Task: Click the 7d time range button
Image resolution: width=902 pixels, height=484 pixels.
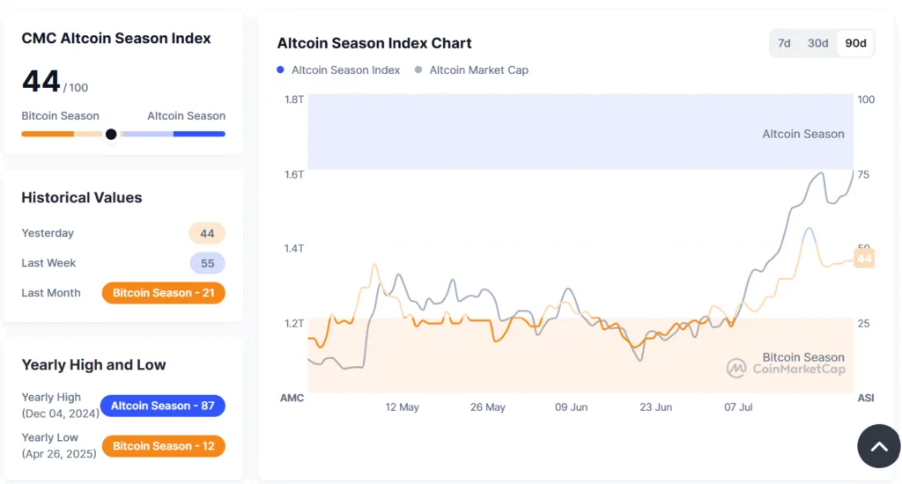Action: (784, 43)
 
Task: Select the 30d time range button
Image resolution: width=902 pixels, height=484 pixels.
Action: (818, 43)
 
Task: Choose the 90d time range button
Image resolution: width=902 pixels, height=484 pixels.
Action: (855, 43)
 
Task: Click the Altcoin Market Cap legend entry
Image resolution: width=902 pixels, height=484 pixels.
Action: (478, 70)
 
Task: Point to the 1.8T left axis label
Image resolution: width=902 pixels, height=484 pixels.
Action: (294, 99)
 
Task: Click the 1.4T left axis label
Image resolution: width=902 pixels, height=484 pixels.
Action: (294, 248)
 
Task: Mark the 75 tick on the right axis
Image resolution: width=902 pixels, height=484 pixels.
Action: (863, 174)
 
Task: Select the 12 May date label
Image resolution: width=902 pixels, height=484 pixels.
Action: (403, 407)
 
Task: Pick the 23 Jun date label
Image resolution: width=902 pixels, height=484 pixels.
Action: (655, 407)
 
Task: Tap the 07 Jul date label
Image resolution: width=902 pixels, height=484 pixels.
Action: (738, 407)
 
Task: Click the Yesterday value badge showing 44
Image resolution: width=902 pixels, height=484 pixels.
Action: (207, 233)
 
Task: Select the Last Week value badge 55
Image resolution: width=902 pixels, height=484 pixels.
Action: (207, 263)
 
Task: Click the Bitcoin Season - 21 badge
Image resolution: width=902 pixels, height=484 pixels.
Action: (164, 293)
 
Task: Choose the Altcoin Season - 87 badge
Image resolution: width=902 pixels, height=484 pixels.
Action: (163, 406)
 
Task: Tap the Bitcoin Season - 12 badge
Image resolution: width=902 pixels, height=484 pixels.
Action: (164, 446)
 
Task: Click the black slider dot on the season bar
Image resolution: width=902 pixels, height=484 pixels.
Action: (111, 135)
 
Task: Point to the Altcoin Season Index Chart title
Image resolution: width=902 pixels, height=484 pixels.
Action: (374, 43)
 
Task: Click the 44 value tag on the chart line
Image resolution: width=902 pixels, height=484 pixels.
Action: (864, 259)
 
